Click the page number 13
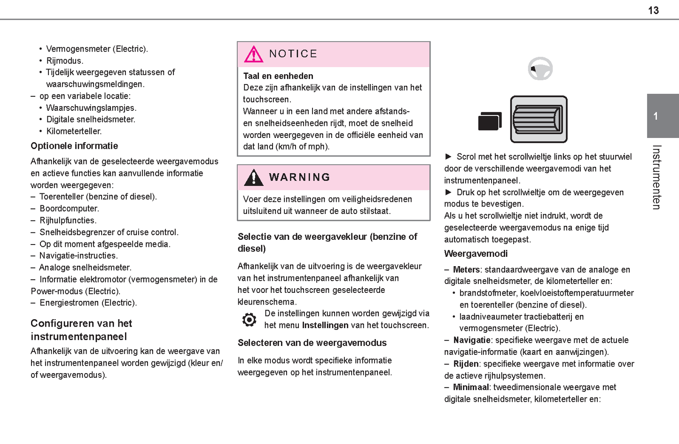[653, 10]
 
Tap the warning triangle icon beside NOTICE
[253, 54]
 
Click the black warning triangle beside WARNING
[253, 177]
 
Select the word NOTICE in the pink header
[293, 54]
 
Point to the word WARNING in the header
[299, 177]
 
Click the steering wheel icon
[540, 69]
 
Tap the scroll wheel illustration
[539, 119]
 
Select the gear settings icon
[249, 320]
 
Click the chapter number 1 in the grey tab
[656, 116]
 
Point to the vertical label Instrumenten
[656, 177]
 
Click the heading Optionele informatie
[74, 146]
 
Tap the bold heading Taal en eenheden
[278, 76]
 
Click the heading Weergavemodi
[476, 254]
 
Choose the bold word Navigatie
[472, 340]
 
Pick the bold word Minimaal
[471, 387]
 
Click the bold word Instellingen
[325, 325]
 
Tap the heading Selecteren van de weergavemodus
[312, 343]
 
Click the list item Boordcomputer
[69, 208]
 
